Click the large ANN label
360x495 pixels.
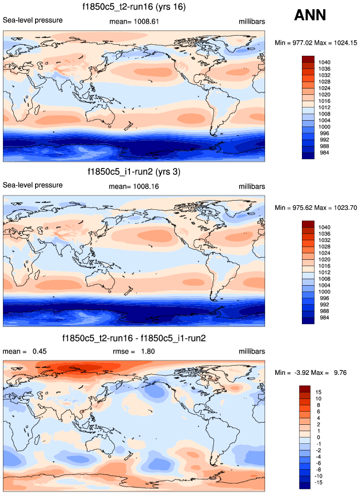[x=315, y=16]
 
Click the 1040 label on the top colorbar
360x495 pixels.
[x=324, y=60]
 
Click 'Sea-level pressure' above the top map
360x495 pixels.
[x=33, y=21]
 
